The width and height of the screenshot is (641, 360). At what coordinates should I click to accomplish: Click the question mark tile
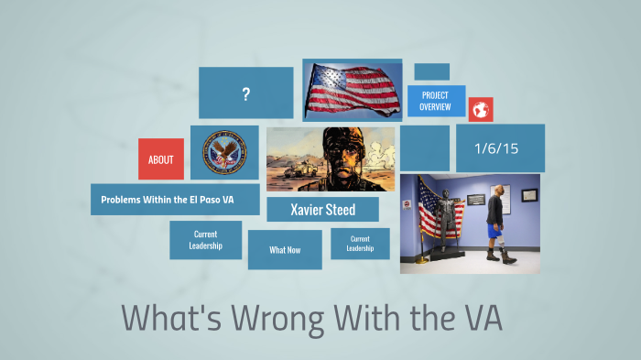pyautogui.click(x=245, y=93)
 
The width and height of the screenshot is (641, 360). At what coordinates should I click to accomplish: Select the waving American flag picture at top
pyautogui.click(x=353, y=90)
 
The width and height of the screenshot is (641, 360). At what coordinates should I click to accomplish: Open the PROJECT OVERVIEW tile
pyautogui.click(x=435, y=101)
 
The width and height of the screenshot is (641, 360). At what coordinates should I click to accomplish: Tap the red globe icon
pyautogui.click(x=481, y=110)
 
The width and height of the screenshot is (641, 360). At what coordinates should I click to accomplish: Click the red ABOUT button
pyautogui.click(x=160, y=159)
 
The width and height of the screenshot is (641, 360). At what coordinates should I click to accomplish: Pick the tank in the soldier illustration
pyautogui.click(x=292, y=172)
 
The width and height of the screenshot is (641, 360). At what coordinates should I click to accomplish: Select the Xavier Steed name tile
pyautogui.click(x=322, y=210)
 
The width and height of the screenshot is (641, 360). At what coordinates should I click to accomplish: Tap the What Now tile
pyautogui.click(x=285, y=250)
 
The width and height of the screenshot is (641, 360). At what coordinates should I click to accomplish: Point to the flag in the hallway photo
pyautogui.click(x=428, y=209)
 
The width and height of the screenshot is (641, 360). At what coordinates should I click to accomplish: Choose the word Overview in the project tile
pyautogui.click(x=435, y=107)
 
